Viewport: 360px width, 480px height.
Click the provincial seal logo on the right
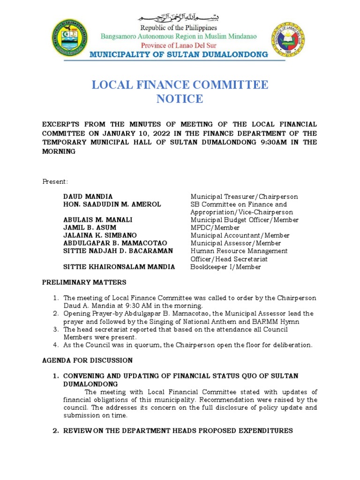click(x=286, y=39)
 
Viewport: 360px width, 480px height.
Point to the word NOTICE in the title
click(x=180, y=99)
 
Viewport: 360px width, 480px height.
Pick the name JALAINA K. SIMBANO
click(x=100, y=235)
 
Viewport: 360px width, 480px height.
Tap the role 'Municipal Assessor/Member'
click(x=235, y=243)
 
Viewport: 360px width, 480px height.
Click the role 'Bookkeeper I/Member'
click(x=225, y=267)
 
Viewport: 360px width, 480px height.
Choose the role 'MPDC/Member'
click(x=215, y=227)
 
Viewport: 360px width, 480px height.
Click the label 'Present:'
click(x=55, y=181)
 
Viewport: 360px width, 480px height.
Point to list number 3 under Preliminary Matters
click(x=55, y=330)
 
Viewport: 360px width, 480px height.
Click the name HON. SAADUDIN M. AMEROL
click(x=112, y=204)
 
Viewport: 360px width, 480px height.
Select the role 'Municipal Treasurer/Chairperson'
click(x=244, y=197)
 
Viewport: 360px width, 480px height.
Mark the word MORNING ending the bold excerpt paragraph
click(x=59, y=152)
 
